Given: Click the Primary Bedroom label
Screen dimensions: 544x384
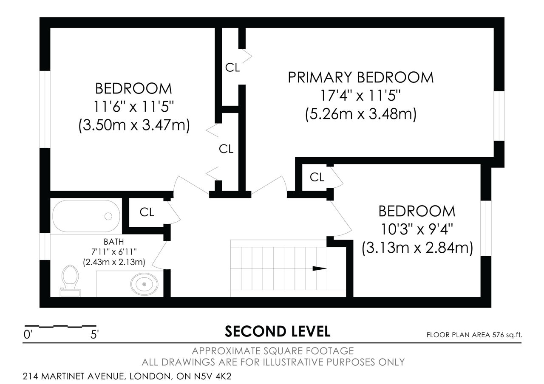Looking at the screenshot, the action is point(361,77).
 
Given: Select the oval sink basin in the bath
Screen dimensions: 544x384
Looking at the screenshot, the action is point(144,284).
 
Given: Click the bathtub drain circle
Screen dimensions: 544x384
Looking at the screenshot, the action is point(108,216).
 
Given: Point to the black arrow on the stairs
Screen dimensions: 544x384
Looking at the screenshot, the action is point(320,268).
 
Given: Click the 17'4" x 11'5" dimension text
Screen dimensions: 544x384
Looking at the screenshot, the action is point(360,96).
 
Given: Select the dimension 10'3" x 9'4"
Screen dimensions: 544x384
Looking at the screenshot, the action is point(417,229).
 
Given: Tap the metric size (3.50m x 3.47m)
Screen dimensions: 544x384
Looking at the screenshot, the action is point(134,125).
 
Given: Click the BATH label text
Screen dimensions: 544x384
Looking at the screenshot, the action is point(113,242).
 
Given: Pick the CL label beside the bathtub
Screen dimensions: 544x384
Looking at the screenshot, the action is point(147,212).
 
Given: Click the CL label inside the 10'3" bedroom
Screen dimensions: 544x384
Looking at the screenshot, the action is point(317,177).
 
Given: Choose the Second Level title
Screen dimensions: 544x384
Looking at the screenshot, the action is point(278,332).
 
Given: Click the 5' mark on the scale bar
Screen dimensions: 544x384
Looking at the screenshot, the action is point(94,335).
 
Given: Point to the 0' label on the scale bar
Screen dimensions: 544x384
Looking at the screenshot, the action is point(28,335).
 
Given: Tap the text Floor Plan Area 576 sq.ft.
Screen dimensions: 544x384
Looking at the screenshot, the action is point(474,335).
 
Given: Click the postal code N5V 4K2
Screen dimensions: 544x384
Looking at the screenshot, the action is point(213,376).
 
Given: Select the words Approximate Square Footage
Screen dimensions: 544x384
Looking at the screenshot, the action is point(273,351).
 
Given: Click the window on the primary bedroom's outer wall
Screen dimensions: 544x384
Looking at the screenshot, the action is point(499,116).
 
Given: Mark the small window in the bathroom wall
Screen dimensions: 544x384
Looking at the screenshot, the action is point(45,247).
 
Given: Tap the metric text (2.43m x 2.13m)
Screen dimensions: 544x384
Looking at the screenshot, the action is point(114,262).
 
